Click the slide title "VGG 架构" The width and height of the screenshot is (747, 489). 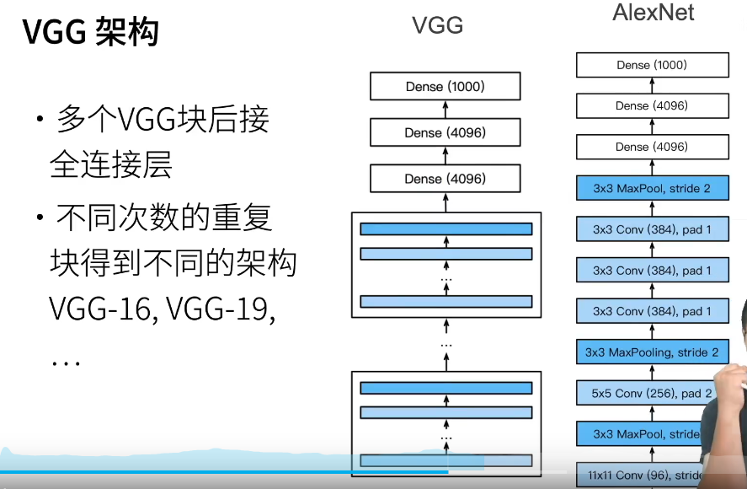[x=90, y=32]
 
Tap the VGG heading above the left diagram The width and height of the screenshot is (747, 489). [x=437, y=25]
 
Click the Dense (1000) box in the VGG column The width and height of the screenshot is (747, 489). [x=445, y=86]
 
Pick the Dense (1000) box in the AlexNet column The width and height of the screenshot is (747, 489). [x=652, y=65]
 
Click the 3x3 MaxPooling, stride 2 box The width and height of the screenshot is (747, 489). [x=652, y=352]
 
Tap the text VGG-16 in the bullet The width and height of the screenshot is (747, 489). [x=100, y=309]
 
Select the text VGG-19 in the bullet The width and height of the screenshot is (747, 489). [x=221, y=309]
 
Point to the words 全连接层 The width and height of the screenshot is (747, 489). [x=111, y=165]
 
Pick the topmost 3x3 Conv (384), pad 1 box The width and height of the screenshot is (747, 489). [x=652, y=229]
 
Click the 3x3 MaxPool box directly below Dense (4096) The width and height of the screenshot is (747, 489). [x=652, y=188]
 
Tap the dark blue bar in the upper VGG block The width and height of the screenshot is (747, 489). [x=446, y=228]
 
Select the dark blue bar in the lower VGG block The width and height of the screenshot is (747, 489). [x=446, y=387]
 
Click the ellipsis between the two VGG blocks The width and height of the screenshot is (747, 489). [x=446, y=344]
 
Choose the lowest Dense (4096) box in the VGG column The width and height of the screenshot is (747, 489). [x=445, y=179]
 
